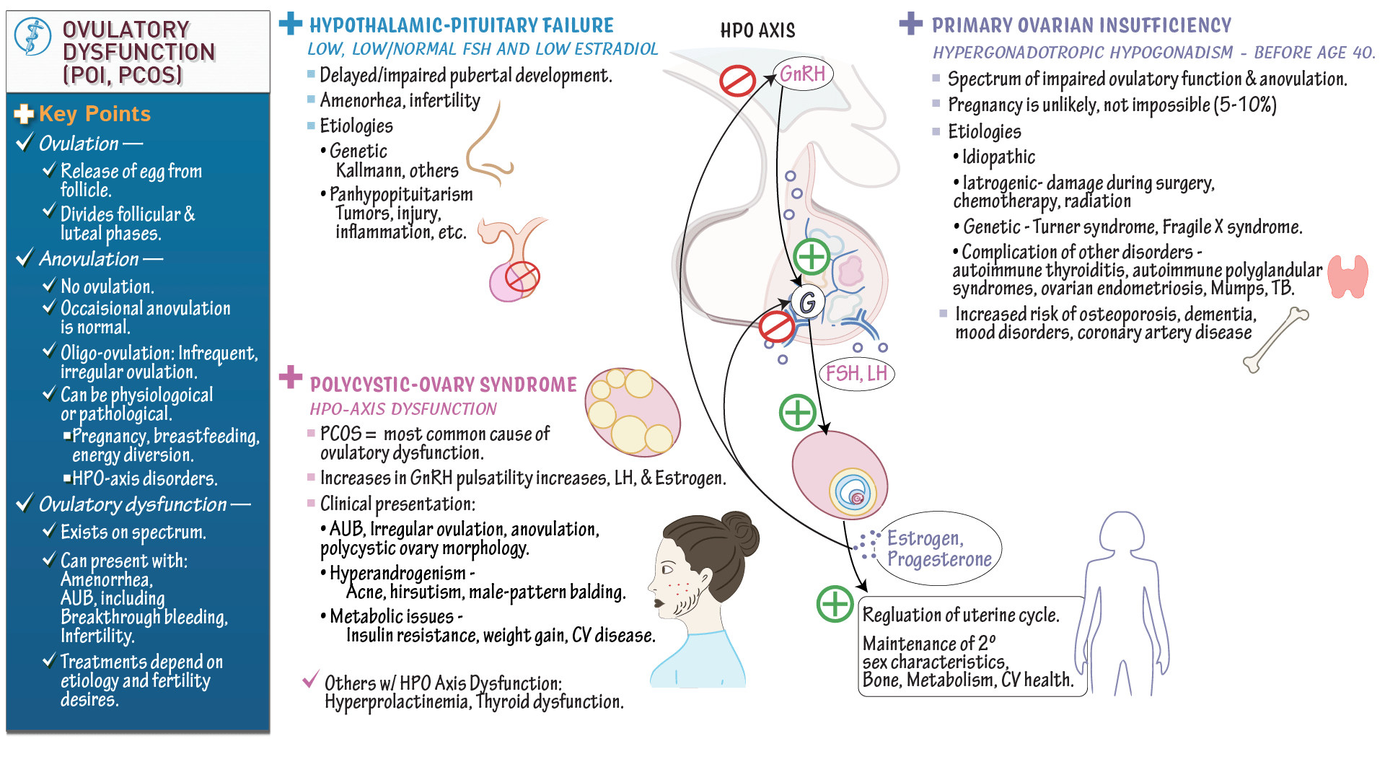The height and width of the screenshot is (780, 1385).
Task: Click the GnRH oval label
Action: (x=803, y=74)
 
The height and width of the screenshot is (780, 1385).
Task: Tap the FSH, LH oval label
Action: (x=856, y=374)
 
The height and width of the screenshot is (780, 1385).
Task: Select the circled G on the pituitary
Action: (x=808, y=302)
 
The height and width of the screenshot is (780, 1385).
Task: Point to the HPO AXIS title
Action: (x=757, y=30)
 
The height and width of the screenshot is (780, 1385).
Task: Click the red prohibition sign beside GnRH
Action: (x=737, y=80)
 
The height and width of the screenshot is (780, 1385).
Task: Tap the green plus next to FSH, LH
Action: (x=797, y=413)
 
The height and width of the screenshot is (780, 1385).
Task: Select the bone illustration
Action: (x=1275, y=339)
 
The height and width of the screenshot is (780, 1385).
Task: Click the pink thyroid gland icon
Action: (x=1347, y=276)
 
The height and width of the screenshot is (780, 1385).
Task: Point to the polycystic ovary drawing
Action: (x=633, y=412)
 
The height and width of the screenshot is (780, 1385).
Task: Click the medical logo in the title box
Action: (x=32, y=37)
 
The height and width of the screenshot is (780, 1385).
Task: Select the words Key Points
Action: (x=94, y=114)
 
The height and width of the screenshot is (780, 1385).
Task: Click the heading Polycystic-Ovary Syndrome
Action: (x=443, y=385)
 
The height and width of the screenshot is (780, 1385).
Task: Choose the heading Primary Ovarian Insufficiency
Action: (x=1081, y=26)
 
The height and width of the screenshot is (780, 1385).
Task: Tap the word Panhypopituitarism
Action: (x=401, y=195)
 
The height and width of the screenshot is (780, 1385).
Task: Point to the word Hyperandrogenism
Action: (x=397, y=574)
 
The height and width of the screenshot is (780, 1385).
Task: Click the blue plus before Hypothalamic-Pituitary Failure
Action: (x=291, y=24)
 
